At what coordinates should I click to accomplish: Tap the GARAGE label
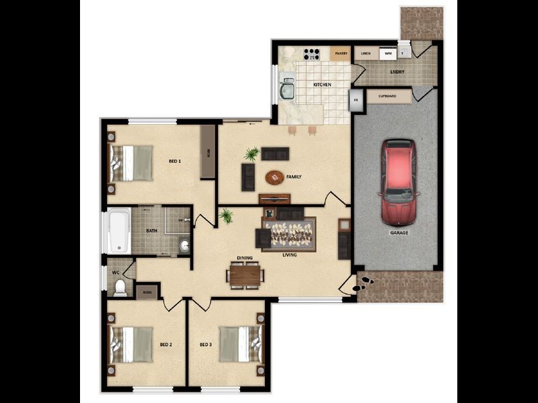click(399, 232)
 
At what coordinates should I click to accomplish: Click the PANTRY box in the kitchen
click(340, 53)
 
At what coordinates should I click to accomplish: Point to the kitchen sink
click(288, 89)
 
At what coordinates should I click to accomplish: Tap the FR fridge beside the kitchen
click(356, 101)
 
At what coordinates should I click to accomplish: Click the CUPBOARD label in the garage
click(387, 97)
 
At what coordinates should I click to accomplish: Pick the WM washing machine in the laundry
click(387, 53)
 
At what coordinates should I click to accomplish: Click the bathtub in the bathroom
click(119, 230)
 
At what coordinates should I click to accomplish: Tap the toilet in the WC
click(120, 288)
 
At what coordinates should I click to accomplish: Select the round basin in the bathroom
click(184, 246)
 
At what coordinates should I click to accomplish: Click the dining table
click(245, 274)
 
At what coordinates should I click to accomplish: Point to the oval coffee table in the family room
click(274, 177)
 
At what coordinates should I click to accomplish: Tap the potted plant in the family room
click(252, 154)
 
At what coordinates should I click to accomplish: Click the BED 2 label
click(166, 345)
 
